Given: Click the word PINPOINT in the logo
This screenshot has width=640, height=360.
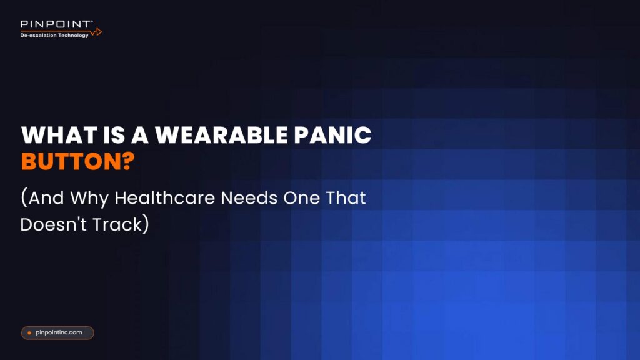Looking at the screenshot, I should tap(56, 25).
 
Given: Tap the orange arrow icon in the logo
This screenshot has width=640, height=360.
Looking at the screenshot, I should tap(96, 31).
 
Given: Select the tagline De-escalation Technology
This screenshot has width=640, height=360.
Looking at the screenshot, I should tap(54, 36).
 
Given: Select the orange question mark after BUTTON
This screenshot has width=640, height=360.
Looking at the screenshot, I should tap(127, 161).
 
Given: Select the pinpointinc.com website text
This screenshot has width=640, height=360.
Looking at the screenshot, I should tap(59, 333).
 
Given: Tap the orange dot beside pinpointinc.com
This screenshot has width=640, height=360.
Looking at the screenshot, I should tap(29, 333).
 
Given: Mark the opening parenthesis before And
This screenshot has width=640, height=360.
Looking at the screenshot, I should tap(24, 199).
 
